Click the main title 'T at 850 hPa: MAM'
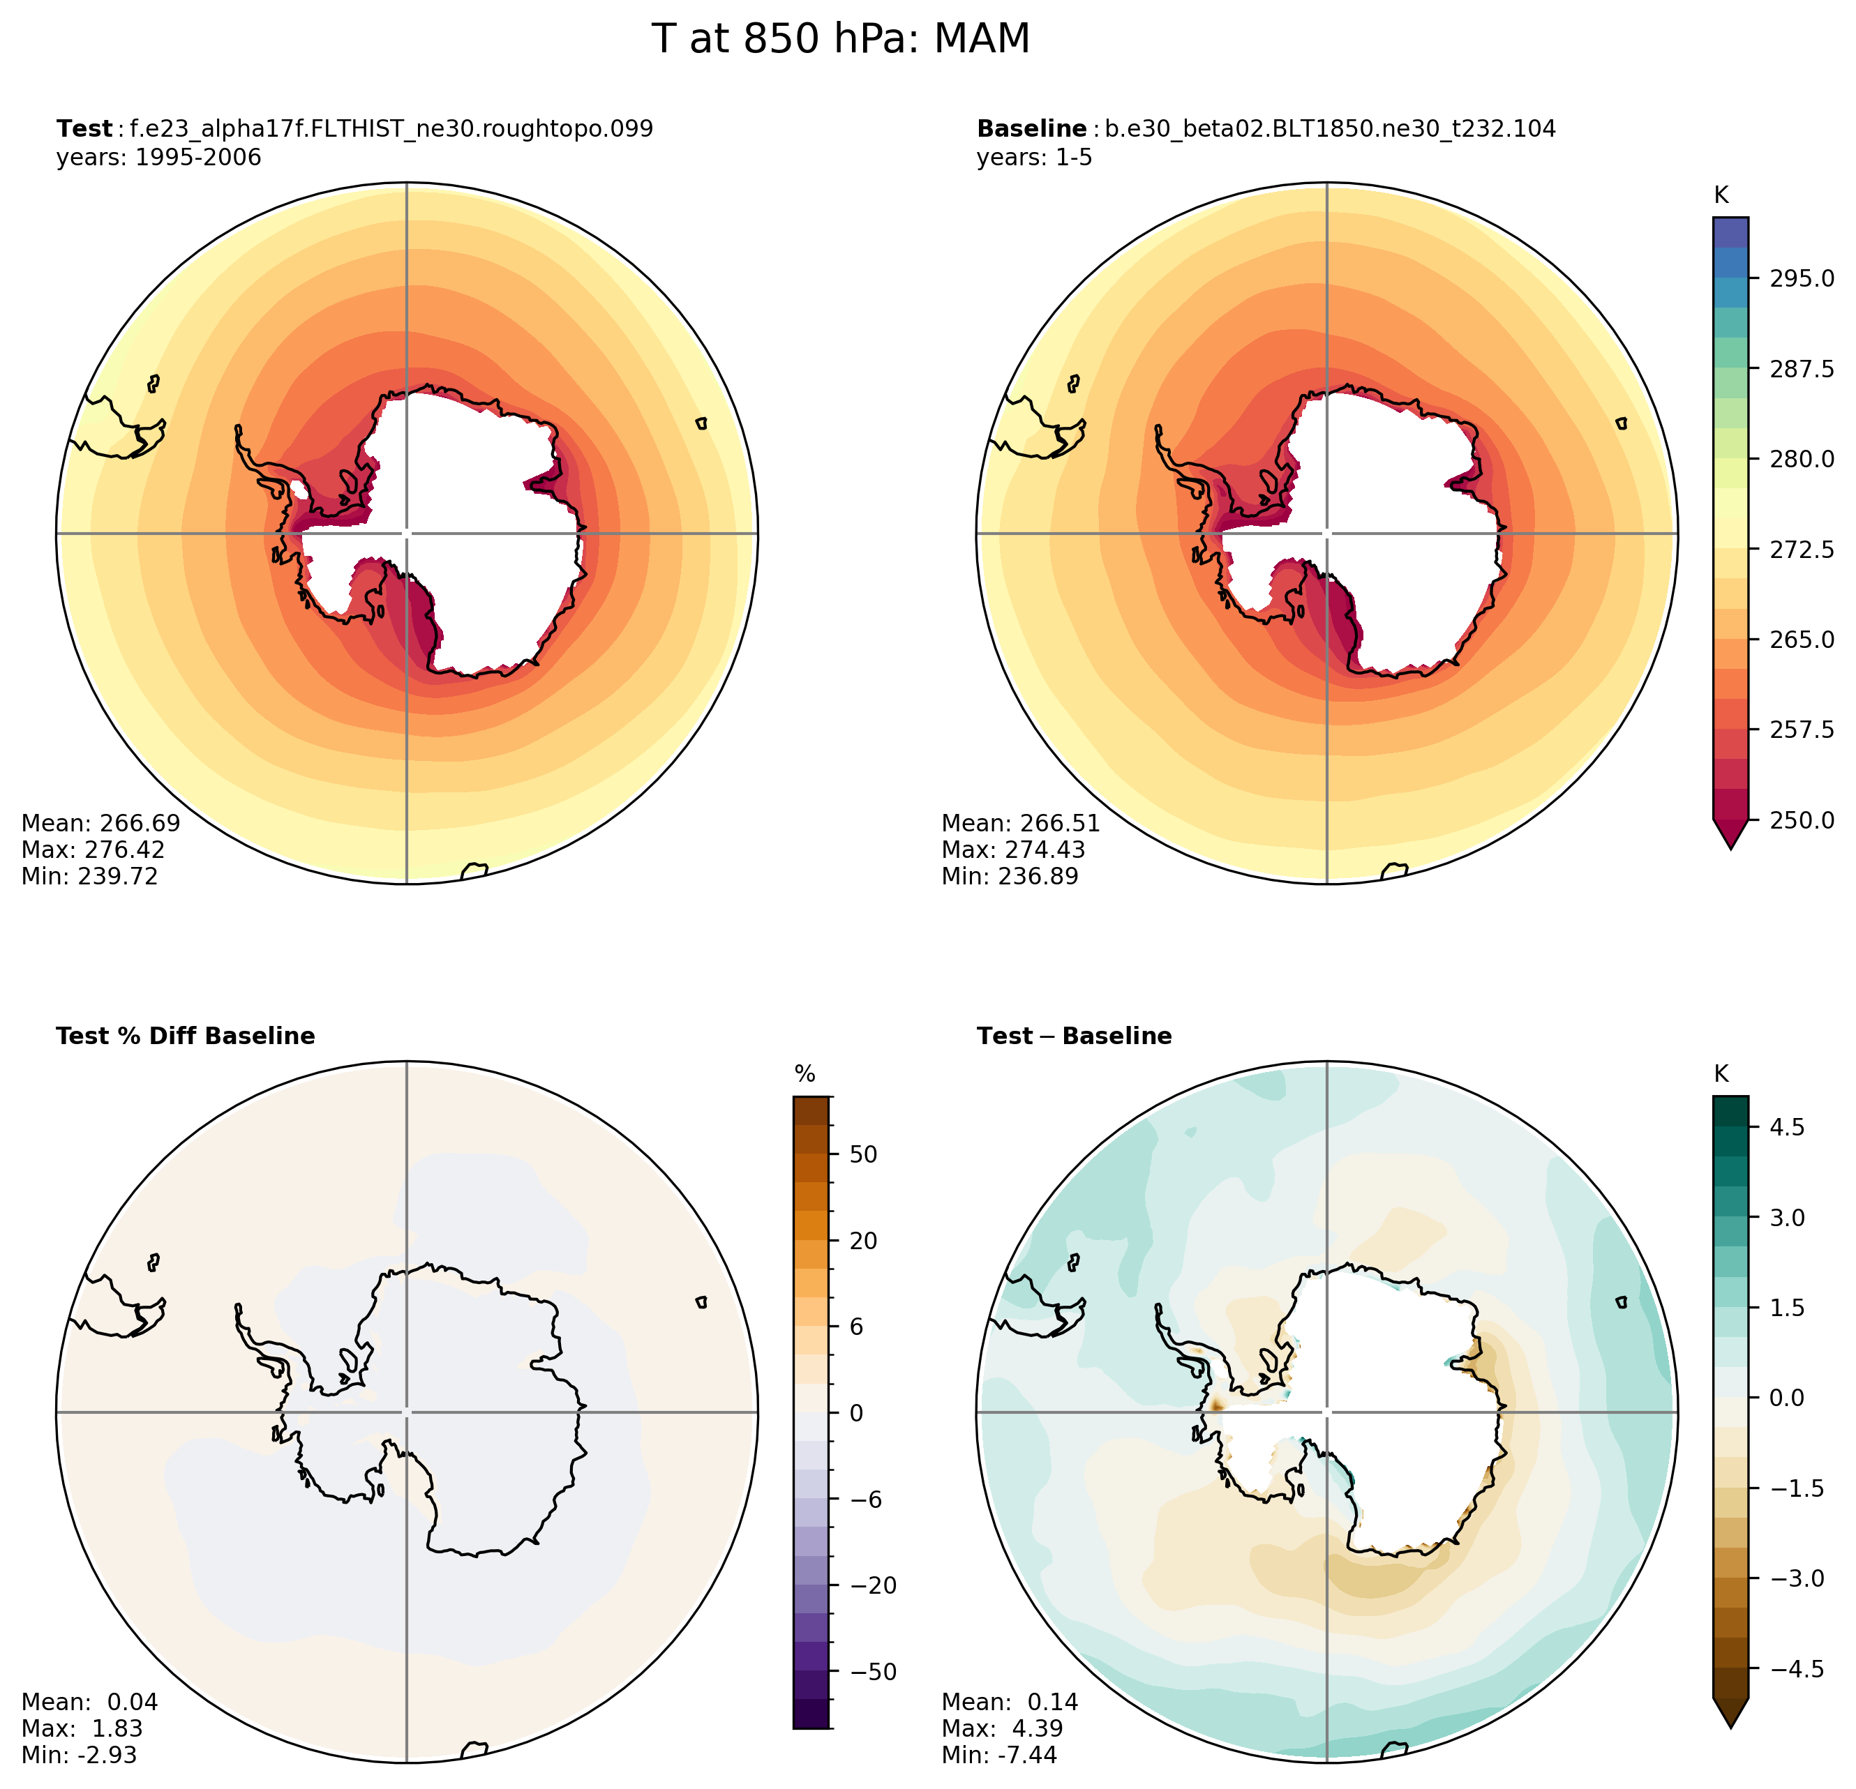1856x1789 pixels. point(840,40)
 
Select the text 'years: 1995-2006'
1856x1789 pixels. point(158,157)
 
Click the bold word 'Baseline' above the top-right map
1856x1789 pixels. point(1031,129)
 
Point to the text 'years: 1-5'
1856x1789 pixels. point(1034,157)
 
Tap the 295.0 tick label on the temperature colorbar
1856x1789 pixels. point(1802,278)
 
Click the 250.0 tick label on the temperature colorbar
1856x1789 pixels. point(1802,820)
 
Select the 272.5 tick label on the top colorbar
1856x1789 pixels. point(1802,549)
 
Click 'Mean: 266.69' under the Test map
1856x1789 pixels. point(100,822)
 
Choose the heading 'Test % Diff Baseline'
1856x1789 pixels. point(186,1036)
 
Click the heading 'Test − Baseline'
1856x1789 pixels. point(1074,1036)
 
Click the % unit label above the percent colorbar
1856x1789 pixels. point(805,1073)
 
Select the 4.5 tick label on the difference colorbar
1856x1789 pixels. point(1787,1126)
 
